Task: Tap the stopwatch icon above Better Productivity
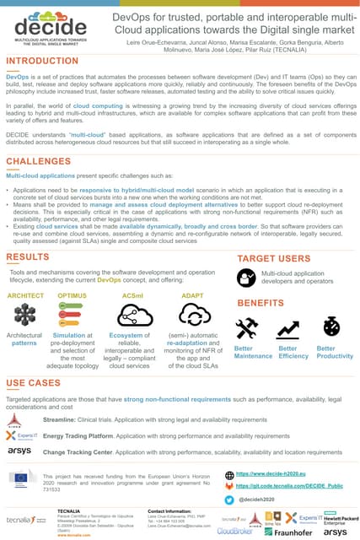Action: (x=331, y=327)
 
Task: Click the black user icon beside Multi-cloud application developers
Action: (x=247, y=278)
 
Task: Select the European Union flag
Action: (x=20, y=478)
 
